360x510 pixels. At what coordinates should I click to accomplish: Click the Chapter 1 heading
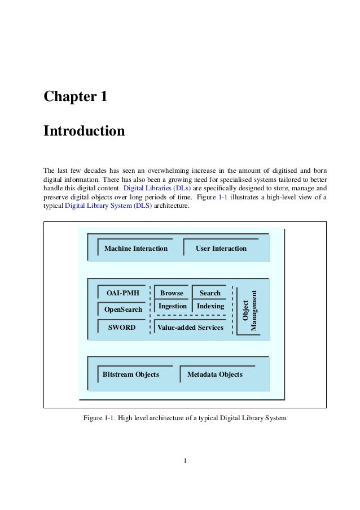point(76,97)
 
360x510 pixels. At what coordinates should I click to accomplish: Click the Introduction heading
point(84,131)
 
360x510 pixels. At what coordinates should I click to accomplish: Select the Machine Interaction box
point(136,249)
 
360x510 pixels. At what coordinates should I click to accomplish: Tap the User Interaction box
point(221,249)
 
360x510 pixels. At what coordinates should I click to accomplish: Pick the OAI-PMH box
point(123,293)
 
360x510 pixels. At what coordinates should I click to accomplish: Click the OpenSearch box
point(123,310)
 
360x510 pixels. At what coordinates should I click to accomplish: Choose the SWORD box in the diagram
point(122,328)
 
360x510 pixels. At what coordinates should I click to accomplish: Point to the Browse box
point(172,293)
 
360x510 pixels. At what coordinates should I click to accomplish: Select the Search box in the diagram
point(210,293)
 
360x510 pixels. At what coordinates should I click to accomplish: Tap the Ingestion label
point(173,306)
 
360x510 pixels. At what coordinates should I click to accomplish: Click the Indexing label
point(210,306)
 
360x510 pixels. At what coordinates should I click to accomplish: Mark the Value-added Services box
point(190,328)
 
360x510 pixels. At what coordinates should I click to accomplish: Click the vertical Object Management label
point(250,311)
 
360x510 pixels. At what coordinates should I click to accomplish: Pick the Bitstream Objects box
point(131,374)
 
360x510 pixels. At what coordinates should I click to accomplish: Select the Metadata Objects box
point(214,374)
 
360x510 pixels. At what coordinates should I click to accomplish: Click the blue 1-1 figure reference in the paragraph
point(223,197)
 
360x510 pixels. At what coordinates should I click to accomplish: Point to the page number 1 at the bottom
point(185,460)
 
